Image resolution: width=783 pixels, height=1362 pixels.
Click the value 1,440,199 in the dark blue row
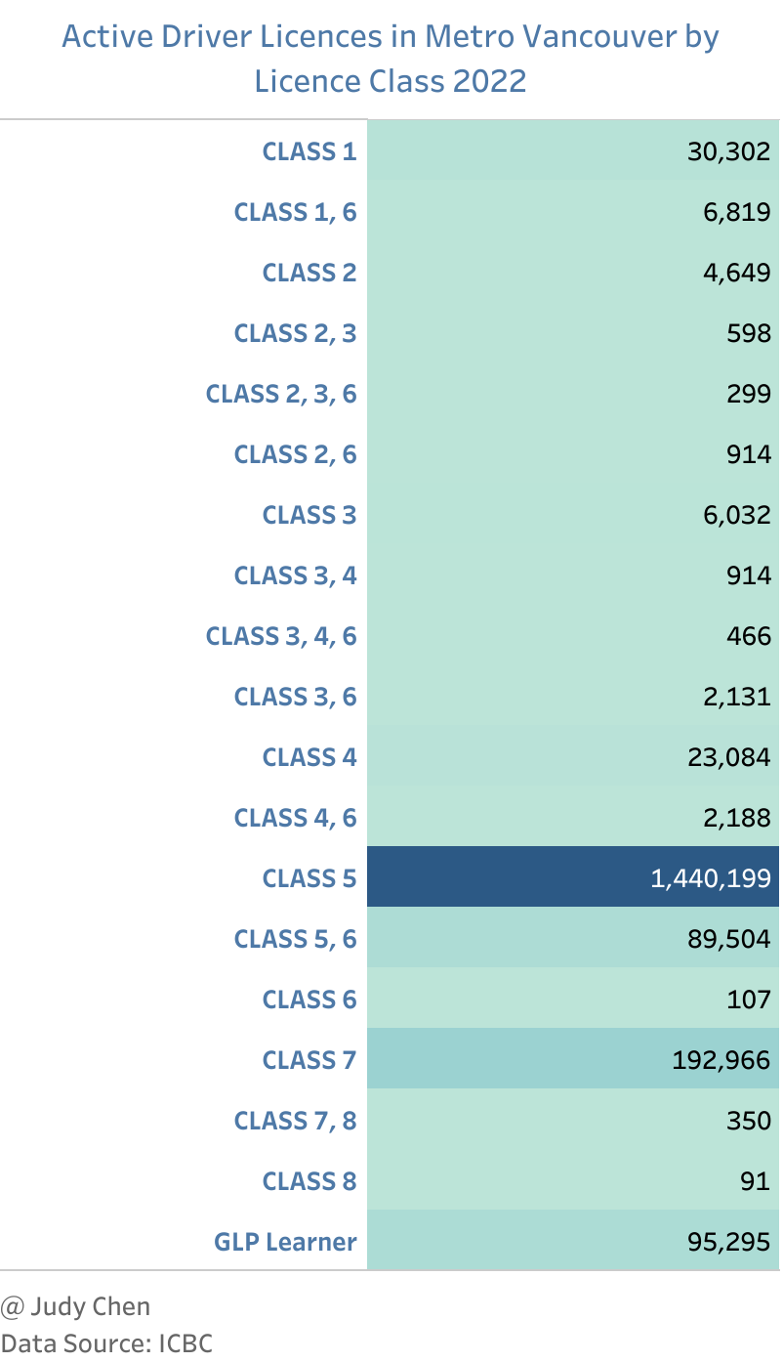(x=710, y=878)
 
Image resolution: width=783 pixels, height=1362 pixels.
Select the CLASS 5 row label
(x=309, y=878)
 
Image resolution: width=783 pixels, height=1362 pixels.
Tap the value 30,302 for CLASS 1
(x=728, y=151)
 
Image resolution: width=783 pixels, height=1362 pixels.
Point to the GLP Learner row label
(x=285, y=1242)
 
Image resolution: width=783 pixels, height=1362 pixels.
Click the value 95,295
(x=728, y=1242)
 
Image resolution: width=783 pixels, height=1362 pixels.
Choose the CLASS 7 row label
(x=309, y=1060)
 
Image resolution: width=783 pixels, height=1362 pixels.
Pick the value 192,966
(x=721, y=1060)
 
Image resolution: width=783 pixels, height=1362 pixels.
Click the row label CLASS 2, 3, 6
(x=280, y=394)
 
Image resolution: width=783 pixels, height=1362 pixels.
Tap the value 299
(x=750, y=394)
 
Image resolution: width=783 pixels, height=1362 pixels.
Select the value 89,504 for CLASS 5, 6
(x=728, y=939)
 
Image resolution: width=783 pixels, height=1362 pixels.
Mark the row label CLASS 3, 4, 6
(x=280, y=636)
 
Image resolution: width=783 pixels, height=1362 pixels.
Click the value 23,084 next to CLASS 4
(x=728, y=757)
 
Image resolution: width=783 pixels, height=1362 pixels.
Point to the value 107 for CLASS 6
(x=750, y=1000)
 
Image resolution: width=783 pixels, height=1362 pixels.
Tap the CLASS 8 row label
(x=309, y=1181)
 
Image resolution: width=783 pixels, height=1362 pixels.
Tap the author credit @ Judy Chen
(x=76, y=1306)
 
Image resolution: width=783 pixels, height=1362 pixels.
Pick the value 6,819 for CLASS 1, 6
(x=735, y=212)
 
